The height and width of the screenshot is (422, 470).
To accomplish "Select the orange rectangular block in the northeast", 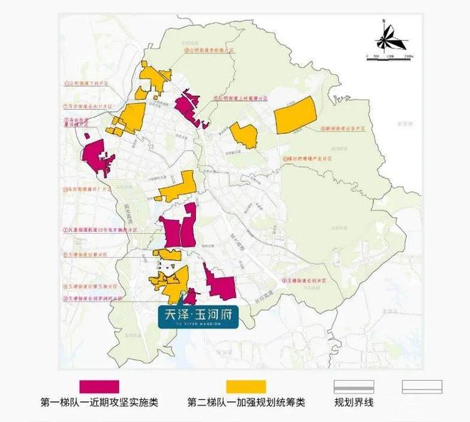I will click(295, 114).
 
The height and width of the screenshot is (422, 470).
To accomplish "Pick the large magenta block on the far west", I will click(100, 156).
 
